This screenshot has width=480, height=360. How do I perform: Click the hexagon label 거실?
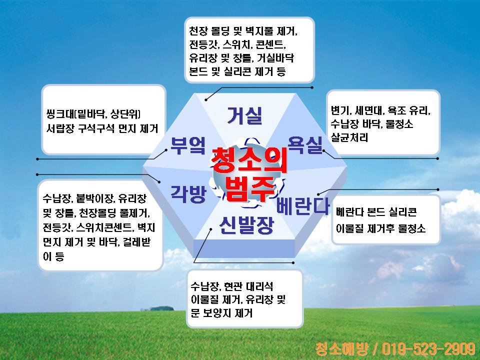tap(244, 115)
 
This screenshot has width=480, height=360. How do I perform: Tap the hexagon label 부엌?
tap(187, 145)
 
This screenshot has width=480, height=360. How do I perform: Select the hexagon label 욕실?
tap(305, 145)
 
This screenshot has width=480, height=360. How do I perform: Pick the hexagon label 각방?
tap(188, 194)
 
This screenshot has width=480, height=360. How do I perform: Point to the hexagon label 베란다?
tap(303, 205)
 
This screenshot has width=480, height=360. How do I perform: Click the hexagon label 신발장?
tap(246, 225)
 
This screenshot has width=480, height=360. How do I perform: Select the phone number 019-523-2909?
tap(428, 348)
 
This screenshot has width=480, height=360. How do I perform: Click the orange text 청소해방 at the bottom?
tap(342, 348)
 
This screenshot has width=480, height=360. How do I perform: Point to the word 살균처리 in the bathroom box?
tap(349, 137)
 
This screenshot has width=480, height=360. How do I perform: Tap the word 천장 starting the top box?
tap(198, 30)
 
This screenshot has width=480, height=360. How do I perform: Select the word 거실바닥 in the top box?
tap(275, 58)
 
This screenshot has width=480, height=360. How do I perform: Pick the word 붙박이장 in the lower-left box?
tap(94, 198)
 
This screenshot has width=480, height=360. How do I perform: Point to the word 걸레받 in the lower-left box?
tap(137, 242)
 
